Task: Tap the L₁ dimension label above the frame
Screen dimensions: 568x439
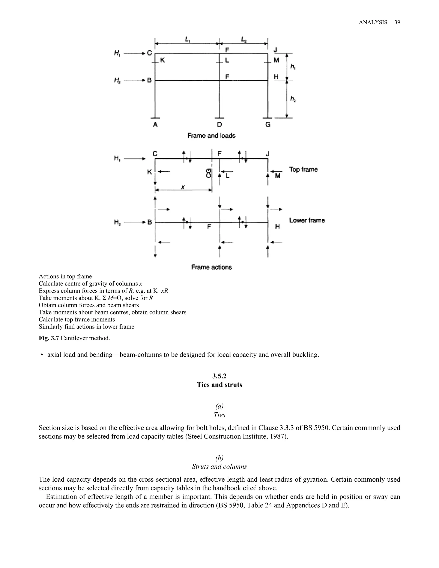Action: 188,39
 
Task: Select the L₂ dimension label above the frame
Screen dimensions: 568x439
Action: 244,39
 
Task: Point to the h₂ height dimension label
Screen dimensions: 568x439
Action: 293,99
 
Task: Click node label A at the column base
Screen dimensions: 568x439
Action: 155,125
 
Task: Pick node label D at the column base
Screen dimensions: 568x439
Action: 219,125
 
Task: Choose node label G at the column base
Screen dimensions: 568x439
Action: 268,125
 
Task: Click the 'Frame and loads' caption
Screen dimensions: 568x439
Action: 211,136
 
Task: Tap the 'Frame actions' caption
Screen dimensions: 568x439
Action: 211,267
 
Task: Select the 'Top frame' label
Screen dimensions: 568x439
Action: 304,170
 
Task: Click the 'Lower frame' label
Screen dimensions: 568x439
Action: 307,220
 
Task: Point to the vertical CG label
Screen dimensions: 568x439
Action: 209,173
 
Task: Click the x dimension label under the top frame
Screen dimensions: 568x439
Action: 183,187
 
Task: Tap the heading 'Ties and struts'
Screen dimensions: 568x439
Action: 219,385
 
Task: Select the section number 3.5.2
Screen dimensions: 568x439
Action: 219,376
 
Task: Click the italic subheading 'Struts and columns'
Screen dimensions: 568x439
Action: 219,466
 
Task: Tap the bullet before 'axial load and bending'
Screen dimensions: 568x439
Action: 42,355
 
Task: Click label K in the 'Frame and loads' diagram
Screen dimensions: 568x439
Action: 162,60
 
